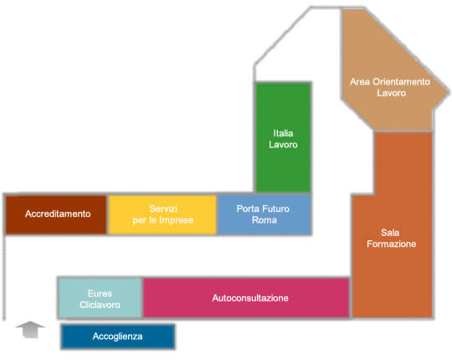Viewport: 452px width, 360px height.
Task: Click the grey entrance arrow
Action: point(30,329)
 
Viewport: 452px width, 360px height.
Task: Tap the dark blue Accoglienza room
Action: point(118,337)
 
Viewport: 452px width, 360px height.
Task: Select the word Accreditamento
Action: point(58,213)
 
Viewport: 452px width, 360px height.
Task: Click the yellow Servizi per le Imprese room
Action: point(163,214)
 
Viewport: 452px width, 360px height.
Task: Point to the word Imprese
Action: point(177,220)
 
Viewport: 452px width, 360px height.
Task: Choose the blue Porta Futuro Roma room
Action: point(265,214)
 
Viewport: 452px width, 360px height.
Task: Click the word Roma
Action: point(265,220)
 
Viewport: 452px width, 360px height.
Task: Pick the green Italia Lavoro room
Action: point(284,137)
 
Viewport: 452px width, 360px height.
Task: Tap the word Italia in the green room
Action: point(283,133)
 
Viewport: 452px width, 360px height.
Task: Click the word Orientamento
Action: point(401,82)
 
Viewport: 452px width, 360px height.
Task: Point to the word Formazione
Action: point(392,244)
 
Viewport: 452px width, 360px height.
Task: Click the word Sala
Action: point(390,233)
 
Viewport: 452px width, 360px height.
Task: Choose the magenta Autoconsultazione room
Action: point(246,298)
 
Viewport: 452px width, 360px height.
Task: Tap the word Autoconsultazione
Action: point(250,298)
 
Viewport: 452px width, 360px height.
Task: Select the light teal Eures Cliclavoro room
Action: point(100,298)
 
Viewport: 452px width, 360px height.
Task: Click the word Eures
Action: point(100,293)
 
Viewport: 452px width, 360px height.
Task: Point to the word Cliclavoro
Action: point(100,305)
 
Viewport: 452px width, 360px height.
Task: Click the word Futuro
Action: point(276,208)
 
